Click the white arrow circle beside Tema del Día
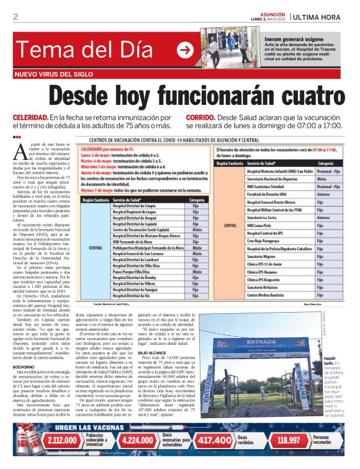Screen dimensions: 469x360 coord(185,51)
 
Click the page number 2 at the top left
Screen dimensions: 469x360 coord(15,17)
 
